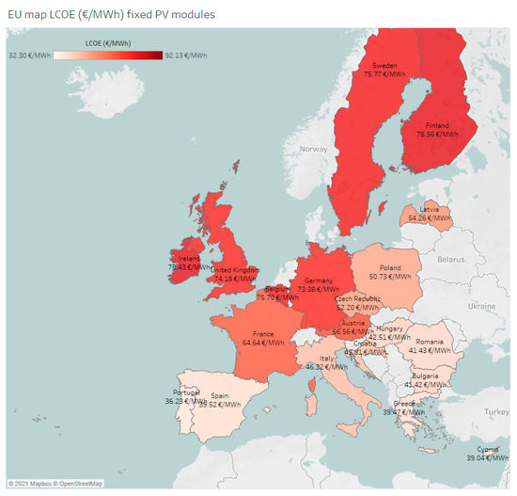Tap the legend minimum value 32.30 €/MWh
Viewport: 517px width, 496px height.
[29, 56]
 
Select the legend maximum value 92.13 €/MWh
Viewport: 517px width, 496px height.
[187, 56]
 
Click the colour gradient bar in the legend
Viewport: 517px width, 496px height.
[108, 56]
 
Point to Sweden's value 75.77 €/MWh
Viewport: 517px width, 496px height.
[384, 73]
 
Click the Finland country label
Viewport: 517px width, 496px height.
[436, 125]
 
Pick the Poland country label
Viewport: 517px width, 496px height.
[390, 266]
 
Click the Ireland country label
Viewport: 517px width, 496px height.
[188, 258]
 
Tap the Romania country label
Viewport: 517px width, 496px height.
[431, 341]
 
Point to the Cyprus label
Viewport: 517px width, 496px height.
[487, 449]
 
